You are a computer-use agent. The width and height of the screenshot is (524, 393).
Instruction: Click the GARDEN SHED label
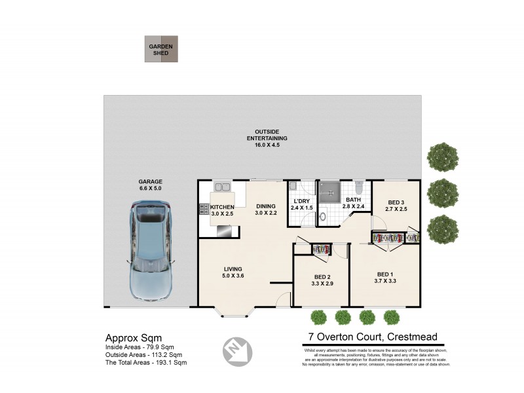(160, 49)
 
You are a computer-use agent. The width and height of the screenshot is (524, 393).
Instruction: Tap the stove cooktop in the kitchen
(204, 210)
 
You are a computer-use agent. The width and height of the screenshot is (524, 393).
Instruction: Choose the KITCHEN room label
(222, 207)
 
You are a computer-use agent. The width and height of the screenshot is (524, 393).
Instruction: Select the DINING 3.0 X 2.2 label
(267, 209)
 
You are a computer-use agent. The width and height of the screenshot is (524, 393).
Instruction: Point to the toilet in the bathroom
(359, 187)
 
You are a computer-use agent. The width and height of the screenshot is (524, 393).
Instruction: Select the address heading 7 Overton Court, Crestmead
(373, 338)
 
